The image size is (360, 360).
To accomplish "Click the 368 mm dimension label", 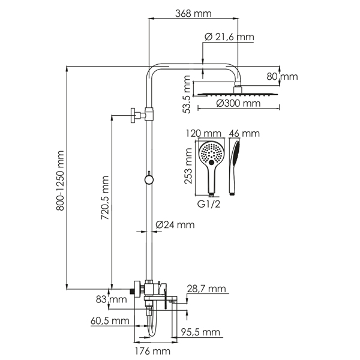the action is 193,14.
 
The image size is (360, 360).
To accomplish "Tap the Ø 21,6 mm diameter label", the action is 229,37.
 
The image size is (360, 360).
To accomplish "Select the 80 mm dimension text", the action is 282,76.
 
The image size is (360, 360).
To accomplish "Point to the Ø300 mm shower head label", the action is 238,103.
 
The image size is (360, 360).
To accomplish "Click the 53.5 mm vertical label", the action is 187,94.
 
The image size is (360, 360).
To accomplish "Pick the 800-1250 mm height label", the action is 60,181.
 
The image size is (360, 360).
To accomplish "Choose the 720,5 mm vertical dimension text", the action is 105,197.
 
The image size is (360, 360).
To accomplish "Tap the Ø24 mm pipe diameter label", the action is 175,224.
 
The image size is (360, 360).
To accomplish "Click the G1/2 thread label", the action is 209,204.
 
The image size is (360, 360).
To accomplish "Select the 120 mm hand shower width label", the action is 203,133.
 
